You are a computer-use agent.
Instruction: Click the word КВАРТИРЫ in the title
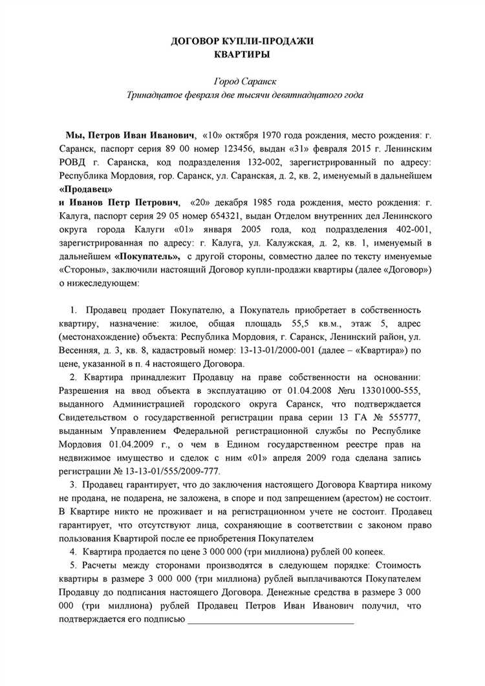[242, 55]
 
